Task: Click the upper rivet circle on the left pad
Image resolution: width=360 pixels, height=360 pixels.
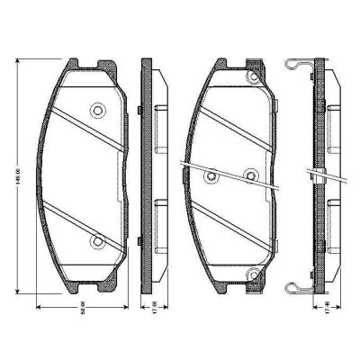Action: click(96, 111)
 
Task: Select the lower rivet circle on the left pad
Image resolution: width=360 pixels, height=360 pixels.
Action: click(96, 240)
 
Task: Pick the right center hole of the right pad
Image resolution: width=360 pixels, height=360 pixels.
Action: click(252, 175)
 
